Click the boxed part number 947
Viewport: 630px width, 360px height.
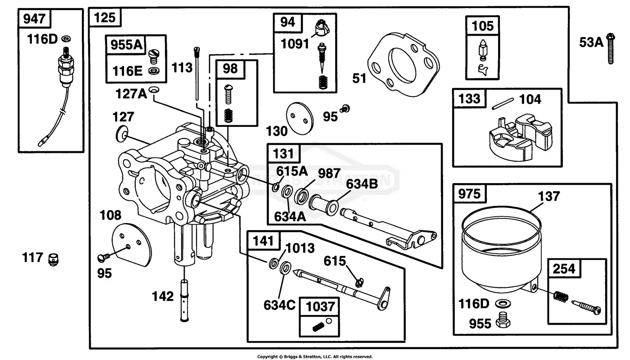[34, 19]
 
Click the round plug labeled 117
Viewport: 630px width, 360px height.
[53, 260]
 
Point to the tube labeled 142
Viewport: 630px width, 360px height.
[184, 300]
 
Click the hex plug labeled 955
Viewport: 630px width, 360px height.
[503, 321]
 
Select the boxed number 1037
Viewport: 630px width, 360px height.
[320, 306]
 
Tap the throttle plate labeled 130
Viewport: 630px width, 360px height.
[300, 118]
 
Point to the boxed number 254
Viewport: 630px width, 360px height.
[564, 269]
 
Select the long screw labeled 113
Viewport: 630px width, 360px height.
[197, 74]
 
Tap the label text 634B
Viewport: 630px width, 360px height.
[362, 184]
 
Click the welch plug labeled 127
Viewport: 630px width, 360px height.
[121, 134]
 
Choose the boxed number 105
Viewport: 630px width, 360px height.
[482, 26]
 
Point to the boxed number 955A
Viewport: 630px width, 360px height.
[126, 45]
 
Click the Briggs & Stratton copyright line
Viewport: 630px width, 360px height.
[315, 357]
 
